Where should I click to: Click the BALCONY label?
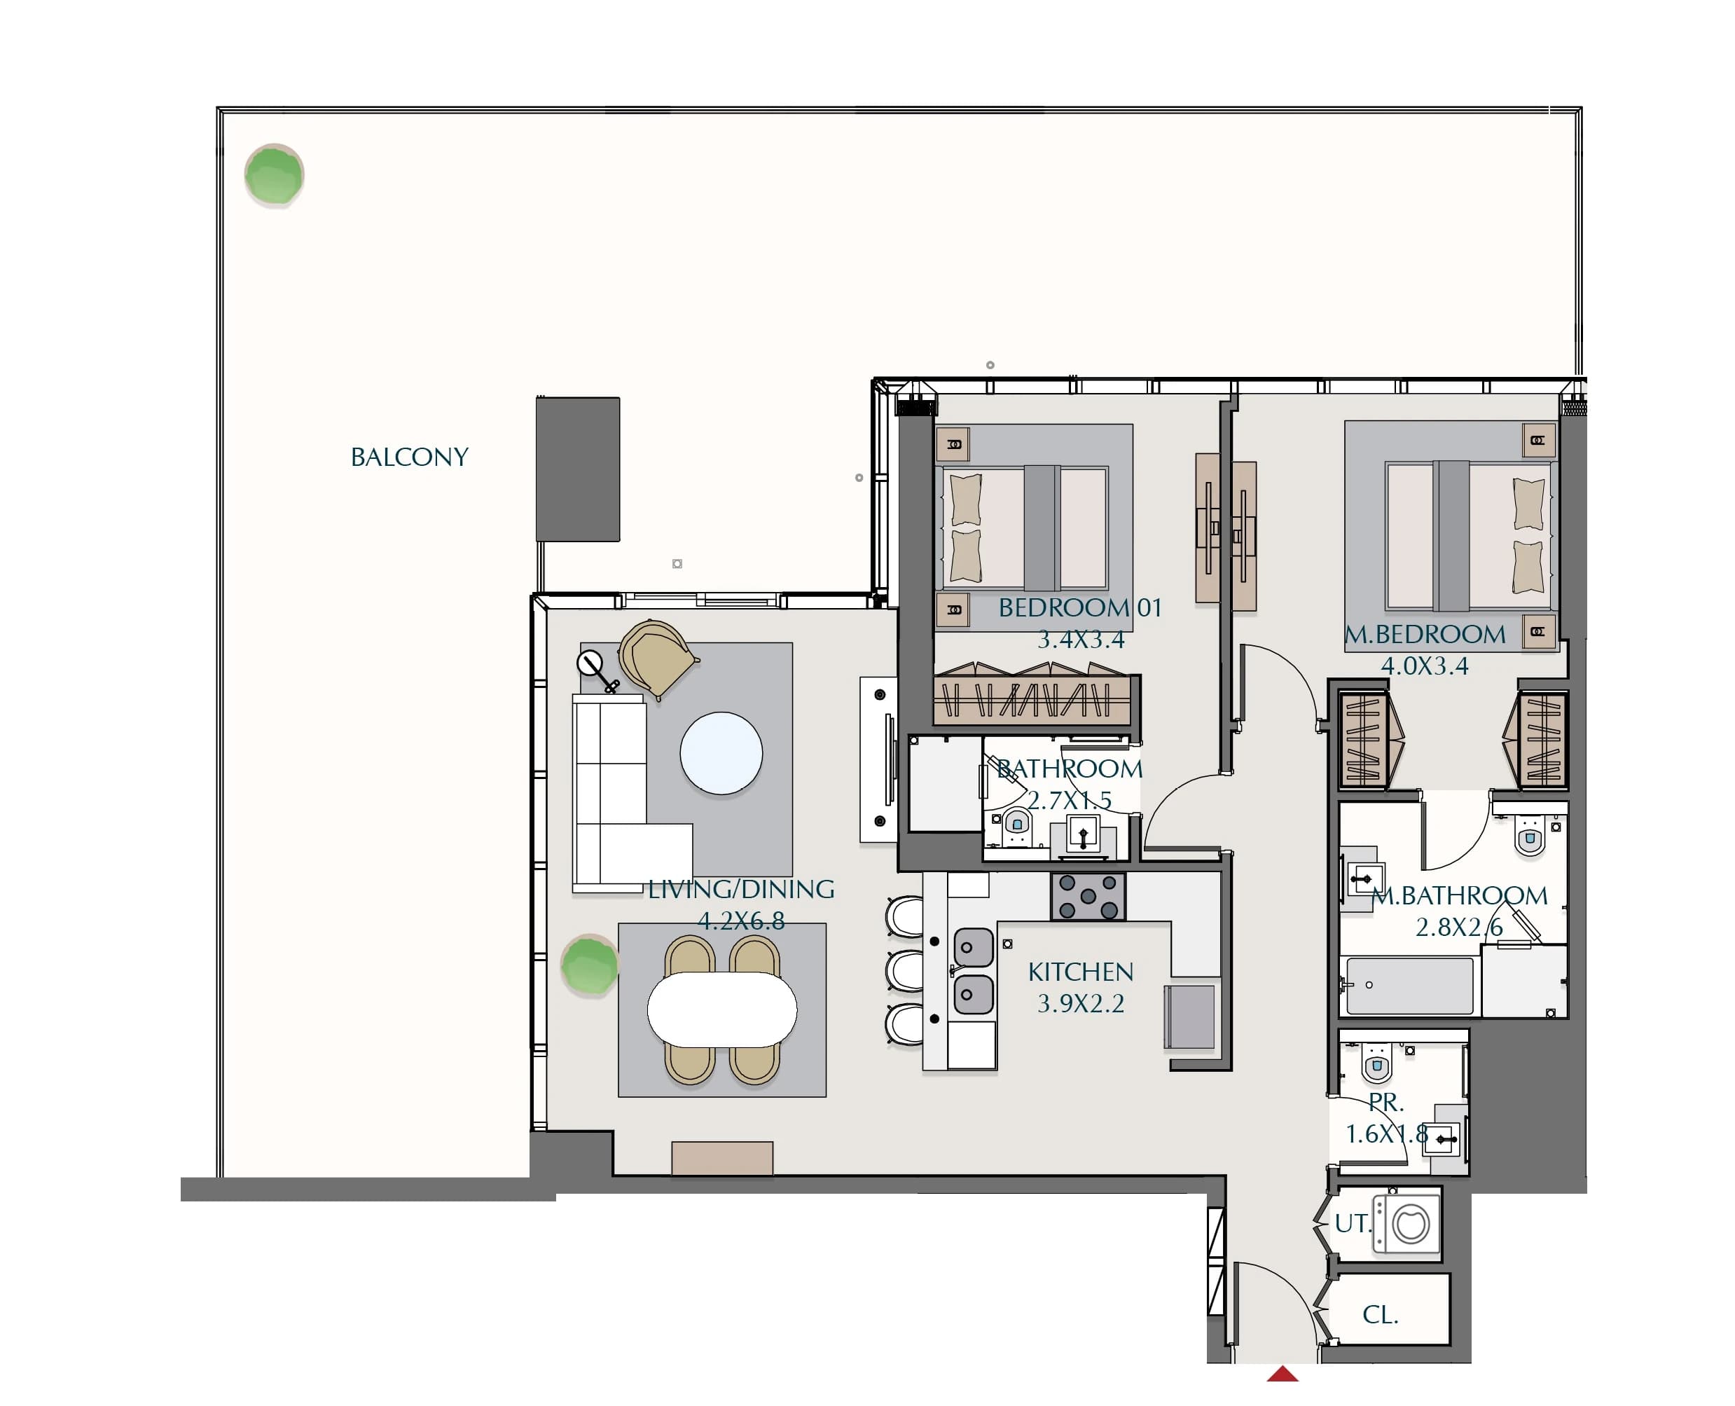point(409,457)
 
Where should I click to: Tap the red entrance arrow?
point(1283,1374)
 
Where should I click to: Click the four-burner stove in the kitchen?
point(1088,896)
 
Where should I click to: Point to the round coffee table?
point(721,753)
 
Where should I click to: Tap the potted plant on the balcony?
point(275,175)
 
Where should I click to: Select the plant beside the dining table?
point(589,965)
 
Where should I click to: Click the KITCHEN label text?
point(1080,972)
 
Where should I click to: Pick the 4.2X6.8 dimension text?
point(741,921)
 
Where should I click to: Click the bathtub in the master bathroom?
point(1408,986)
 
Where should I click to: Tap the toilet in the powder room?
point(1376,1063)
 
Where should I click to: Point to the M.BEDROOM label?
point(1425,634)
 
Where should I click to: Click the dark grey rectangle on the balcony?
point(578,469)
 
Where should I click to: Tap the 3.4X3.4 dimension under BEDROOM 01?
point(1081,640)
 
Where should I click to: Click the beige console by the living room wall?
point(722,1158)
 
